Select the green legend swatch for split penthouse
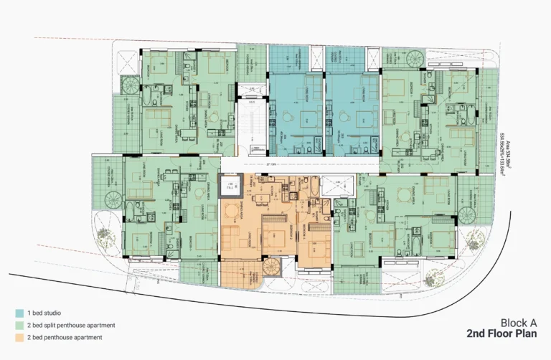point(19,325)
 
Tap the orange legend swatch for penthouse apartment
point(19,337)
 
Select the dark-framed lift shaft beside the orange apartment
point(230,188)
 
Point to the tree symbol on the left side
point(104,237)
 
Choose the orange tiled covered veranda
point(237,273)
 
